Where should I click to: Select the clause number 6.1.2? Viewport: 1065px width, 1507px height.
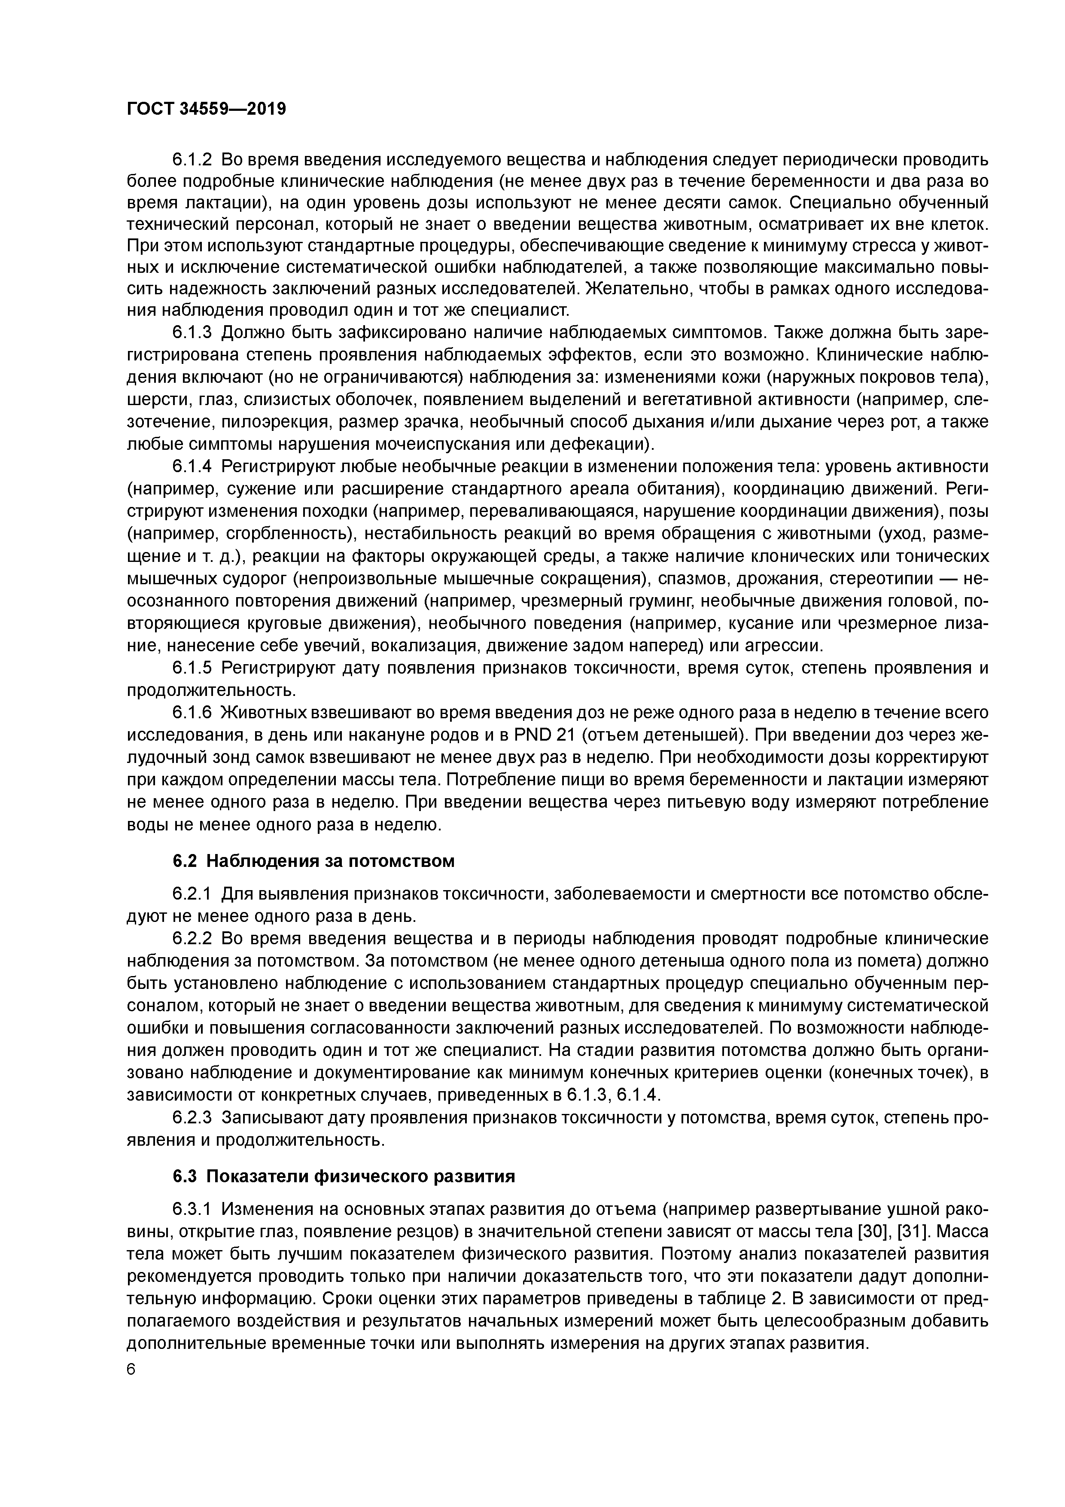(192, 159)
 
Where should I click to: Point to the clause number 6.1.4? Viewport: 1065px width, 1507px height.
(192, 467)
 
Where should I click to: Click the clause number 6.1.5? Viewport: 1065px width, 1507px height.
(192, 668)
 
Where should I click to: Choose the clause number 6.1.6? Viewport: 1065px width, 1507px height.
(192, 712)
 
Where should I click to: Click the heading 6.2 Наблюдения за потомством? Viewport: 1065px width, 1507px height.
(313, 860)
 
